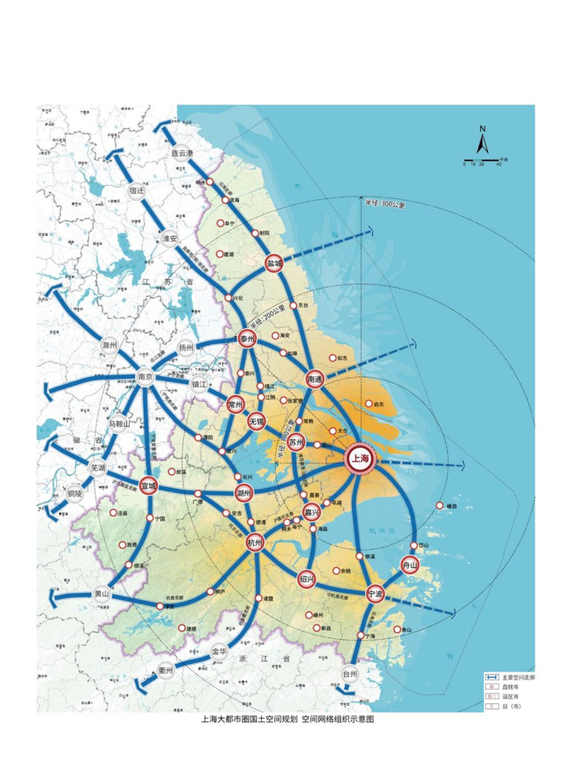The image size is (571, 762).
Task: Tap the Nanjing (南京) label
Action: coord(146,377)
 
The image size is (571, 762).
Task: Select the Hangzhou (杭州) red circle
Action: coord(256,543)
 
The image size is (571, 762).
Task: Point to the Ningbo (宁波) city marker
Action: coord(376,593)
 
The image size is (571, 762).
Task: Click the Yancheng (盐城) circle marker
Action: coord(274,264)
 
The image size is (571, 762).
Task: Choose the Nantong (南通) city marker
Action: coord(316,379)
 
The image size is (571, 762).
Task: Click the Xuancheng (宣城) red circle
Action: coord(148,485)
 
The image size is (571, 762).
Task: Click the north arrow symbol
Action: coord(482,142)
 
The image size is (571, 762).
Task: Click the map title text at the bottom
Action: coord(287,720)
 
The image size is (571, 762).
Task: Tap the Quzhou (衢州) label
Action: coord(166,670)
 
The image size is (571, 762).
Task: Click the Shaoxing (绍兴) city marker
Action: coord(307,578)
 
